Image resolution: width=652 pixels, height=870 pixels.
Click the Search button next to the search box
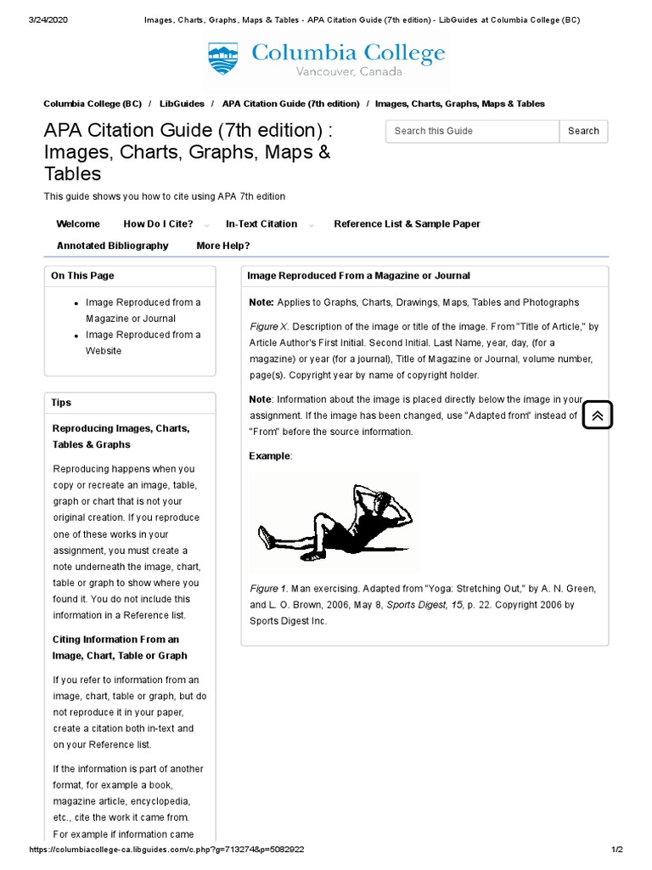(x=583, y=131)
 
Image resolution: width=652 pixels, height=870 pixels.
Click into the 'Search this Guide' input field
(x=472, y=131)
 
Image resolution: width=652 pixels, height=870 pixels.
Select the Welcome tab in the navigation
(x=78, y=224)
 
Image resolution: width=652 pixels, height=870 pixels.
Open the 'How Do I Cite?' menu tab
(x=159, y=224)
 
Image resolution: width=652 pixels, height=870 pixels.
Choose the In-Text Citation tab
(x=261, y=224)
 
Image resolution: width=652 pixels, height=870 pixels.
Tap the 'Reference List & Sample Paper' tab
(x=407, y=224)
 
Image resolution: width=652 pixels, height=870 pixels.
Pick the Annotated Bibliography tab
(x=112, y=246)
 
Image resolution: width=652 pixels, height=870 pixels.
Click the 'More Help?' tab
(x=222, y=246)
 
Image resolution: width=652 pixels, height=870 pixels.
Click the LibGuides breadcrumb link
(x=182, y=104)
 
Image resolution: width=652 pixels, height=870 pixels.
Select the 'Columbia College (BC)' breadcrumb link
(x=93, y=104)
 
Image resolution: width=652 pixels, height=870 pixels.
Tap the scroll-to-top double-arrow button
(x=597, y=415)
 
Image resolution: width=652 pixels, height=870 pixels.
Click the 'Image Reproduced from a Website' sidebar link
(x=143, y=342)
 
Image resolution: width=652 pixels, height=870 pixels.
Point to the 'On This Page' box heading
(x=82, y=275)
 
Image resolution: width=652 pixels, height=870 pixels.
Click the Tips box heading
(x=61, y=403)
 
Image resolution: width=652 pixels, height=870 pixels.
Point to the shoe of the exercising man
(x=266, y=537)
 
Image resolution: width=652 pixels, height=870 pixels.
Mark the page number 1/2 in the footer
(x=617, y=850)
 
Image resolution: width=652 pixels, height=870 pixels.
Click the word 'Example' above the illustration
(x=270, y=456)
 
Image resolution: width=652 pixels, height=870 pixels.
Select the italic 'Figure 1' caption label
(x=268, y=589)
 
